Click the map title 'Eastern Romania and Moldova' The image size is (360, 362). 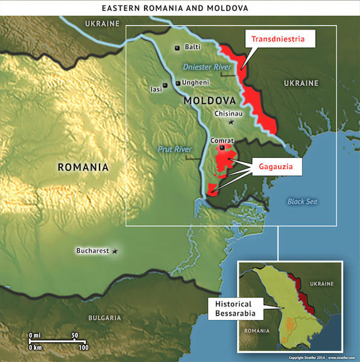[x=180, y=8]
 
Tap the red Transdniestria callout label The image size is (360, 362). [x=282, y=39]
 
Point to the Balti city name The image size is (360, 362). [x=192, y=47]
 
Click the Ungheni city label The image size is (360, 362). [x=197, y=84]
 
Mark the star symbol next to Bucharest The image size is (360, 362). [x=115, y=250]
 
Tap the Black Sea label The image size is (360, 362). [x=302, y=202]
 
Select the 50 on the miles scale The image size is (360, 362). [x=75, y=335]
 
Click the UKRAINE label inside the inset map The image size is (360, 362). [x=324, y=282]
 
